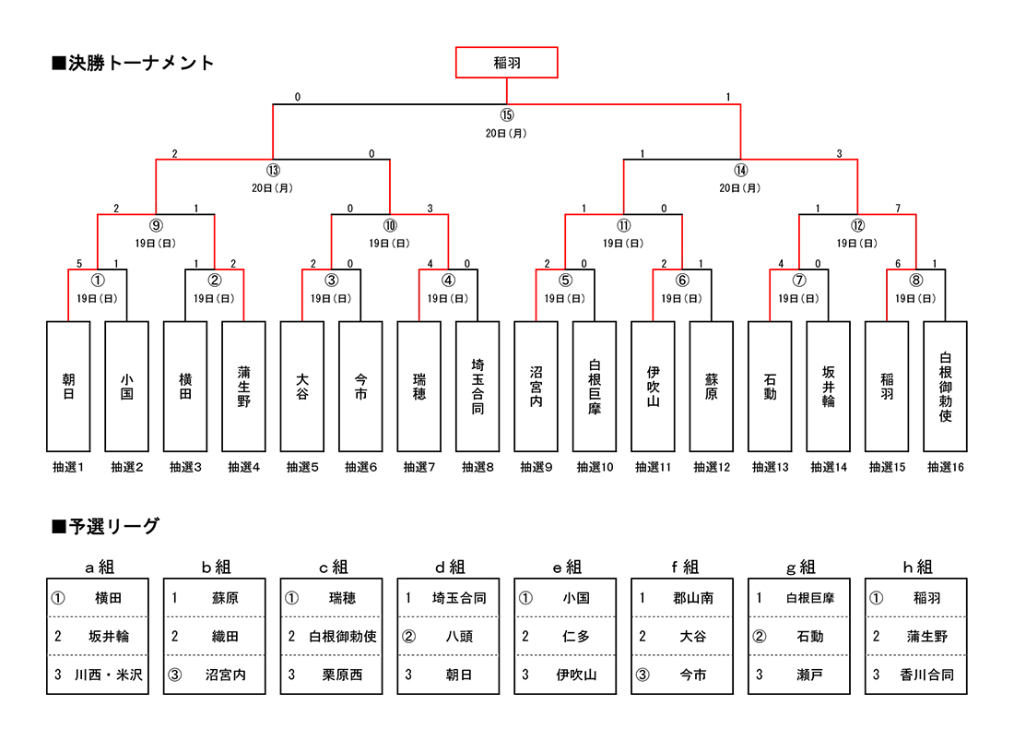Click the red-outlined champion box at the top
tap(506, 63)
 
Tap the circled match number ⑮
tap(506, 115)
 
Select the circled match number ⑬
tap(273, 170)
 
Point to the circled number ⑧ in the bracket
tap(915, 281)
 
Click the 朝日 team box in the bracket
tap(68, 386)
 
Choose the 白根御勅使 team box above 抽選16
tap(945, 386)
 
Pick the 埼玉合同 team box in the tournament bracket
tap(478, 386)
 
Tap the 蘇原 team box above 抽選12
tap(711, 386)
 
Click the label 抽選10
tap(595, 468)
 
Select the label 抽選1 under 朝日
tap(68, 468)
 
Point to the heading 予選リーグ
tap(106, 527)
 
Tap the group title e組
tap(565, 567)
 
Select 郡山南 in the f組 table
tap(693, 598)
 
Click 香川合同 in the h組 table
tap(926, 675)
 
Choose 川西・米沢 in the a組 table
tap(109, 675)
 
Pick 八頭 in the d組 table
tap(459, 637)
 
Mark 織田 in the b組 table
tap(225, 637)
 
